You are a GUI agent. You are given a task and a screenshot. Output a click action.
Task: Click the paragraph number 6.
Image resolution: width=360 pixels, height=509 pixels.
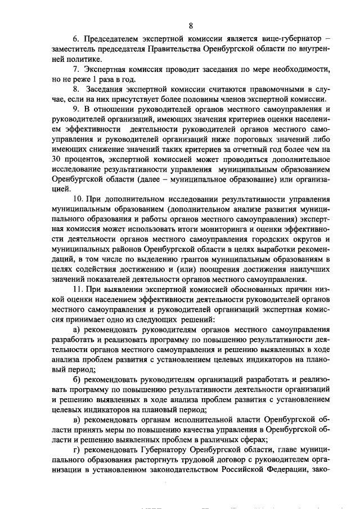coord(76,39)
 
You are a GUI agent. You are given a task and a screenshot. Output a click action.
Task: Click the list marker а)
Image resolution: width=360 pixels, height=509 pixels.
coord(77,329)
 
